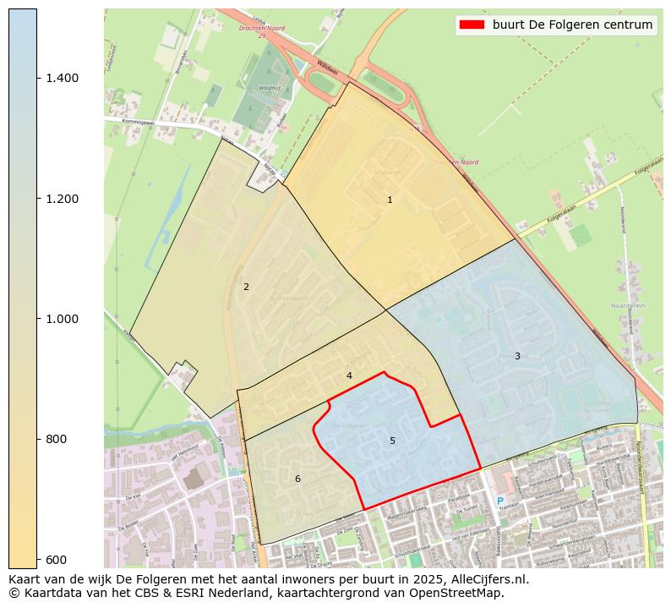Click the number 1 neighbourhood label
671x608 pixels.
(390, 200)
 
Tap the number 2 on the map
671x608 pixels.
(246, 287)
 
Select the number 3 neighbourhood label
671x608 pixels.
(517, 356)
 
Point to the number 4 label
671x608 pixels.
(349, 375)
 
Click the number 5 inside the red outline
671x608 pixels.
(392, 441)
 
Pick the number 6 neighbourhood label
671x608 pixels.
(297, 479)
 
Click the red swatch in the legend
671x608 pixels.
(472, 25)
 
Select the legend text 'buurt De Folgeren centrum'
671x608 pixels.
(572, 25)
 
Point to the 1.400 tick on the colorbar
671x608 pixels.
(62, 78)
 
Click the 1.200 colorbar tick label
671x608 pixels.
(62, 199)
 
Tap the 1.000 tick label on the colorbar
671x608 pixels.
(62, 319)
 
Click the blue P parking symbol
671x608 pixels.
(499, 501)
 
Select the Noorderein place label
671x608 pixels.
(628, 305)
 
